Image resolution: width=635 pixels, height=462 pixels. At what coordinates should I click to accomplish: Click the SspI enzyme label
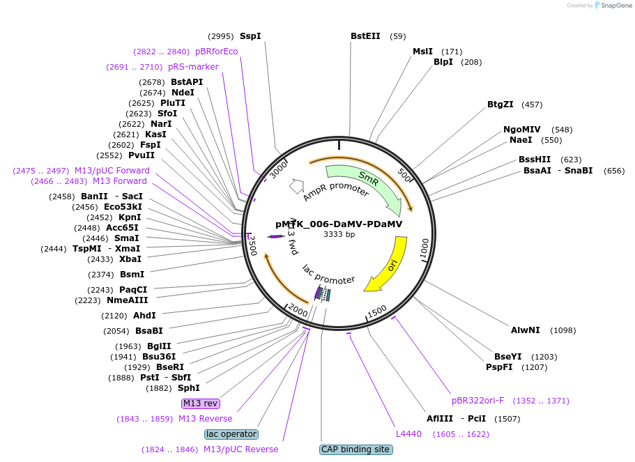250,36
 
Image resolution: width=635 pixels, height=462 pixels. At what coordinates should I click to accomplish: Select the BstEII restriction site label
365,36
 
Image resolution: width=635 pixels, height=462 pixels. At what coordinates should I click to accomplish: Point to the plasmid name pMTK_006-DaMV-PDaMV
339,224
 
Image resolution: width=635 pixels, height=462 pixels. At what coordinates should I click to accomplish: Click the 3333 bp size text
339,234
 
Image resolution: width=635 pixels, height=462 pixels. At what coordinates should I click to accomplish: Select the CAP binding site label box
355,449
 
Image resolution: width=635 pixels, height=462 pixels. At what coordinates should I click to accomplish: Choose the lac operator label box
231,434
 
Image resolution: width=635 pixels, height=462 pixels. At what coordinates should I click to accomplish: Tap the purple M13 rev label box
201,403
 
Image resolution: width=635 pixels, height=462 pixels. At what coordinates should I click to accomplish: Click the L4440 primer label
408,434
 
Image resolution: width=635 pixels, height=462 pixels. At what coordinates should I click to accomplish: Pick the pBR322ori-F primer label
478,401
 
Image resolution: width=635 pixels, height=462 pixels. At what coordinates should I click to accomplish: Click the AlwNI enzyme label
526,330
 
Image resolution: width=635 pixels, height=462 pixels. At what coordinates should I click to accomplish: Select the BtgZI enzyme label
500,104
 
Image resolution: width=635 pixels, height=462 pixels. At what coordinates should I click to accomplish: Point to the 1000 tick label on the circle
424,247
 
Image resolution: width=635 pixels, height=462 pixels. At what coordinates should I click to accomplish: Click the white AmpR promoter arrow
297,186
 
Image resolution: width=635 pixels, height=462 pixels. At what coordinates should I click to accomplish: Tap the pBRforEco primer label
217,52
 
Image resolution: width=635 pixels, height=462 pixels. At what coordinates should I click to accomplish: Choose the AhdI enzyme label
144,316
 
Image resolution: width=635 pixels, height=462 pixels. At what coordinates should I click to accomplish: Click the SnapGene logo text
616,6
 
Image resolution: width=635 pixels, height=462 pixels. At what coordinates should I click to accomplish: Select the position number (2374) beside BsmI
101,275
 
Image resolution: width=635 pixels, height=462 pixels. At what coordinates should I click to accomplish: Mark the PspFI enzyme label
499,367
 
